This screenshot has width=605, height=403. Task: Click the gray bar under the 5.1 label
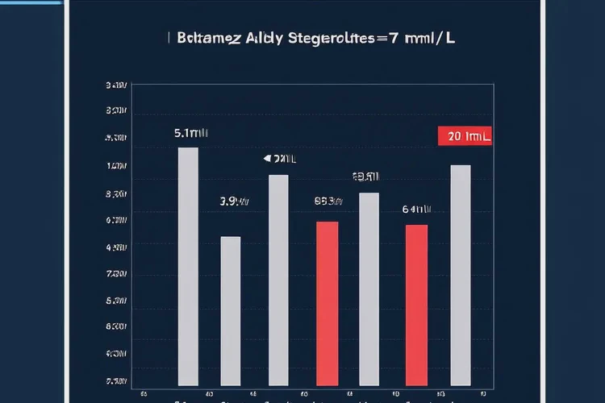point(188,266)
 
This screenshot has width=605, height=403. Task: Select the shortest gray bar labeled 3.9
point(231,310)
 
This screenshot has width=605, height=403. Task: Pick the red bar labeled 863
point(327,303)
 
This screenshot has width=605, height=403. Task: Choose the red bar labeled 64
point(416,305)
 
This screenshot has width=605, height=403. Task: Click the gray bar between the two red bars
point(369,289)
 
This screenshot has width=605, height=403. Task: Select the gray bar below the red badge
point(461,275)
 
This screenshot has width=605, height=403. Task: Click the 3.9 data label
point(234,201)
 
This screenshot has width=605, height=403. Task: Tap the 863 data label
point(328,201)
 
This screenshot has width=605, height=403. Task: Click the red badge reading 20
point(464,136)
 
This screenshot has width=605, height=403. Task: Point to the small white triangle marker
point(268,159)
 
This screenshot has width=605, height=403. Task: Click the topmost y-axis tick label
point(116,85)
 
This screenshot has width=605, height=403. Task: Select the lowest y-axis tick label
point(116,380)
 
